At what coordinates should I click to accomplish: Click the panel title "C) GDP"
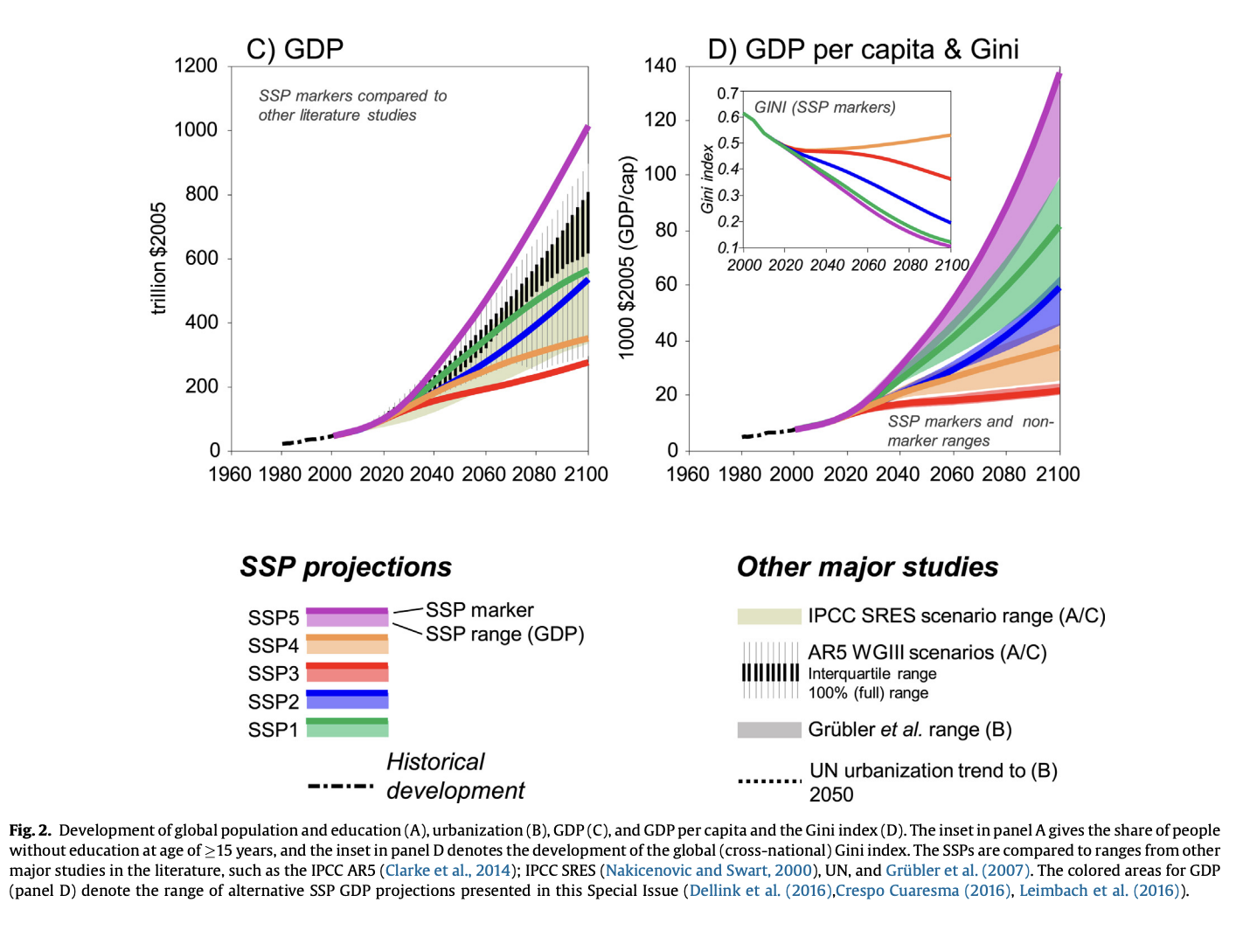295,49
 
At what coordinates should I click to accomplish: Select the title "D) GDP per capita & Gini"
863,49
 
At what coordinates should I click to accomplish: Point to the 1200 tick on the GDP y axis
196,66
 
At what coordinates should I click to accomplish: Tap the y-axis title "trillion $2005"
158,259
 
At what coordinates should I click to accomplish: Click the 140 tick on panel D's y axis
660,66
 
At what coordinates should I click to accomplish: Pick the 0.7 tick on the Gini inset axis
727,94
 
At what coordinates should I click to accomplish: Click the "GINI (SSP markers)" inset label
824,108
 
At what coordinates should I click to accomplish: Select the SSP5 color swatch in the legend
347,617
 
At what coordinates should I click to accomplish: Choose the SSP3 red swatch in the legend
347,672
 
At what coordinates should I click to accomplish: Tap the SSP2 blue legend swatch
347,700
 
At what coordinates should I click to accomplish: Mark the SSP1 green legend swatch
347,728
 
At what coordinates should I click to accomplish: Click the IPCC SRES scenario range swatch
769,616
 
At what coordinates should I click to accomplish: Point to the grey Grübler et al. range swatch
769,730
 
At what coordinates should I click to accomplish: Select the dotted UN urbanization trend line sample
769,781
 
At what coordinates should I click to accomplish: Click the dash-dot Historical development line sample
341,787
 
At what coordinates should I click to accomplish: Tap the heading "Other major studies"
867,567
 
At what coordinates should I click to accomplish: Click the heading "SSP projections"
345,567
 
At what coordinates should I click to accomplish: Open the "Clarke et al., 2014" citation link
448,871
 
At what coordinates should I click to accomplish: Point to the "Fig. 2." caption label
31,830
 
